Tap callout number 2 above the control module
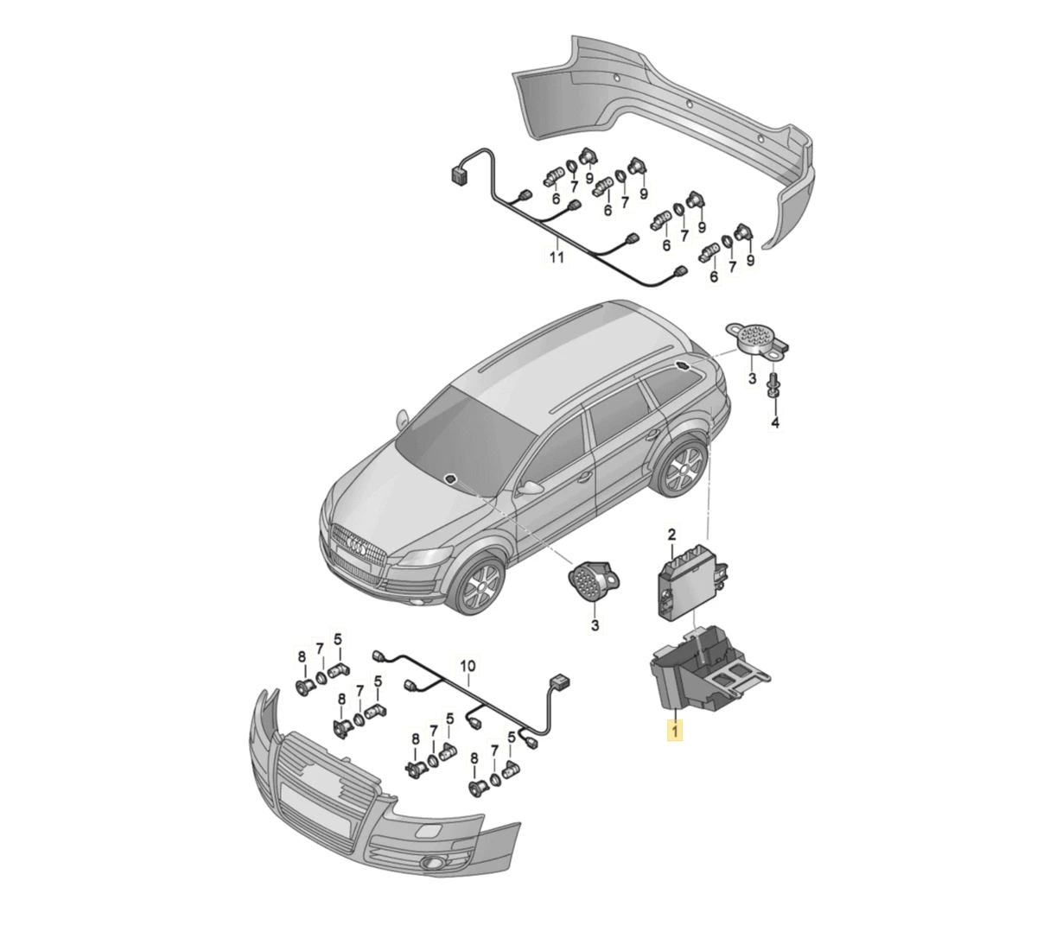pyautogui.click(x=671, y=535)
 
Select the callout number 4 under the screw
pyautogui.click(x=775, y=422)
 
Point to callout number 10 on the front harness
pyautogui.click(x=468, y=666)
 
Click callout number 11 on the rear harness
pyautogui.click(x=557, y=257)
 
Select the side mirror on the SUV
pyautogui.click(x=531, y=487)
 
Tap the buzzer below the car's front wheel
pyautogui.click(x=594, y=582)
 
